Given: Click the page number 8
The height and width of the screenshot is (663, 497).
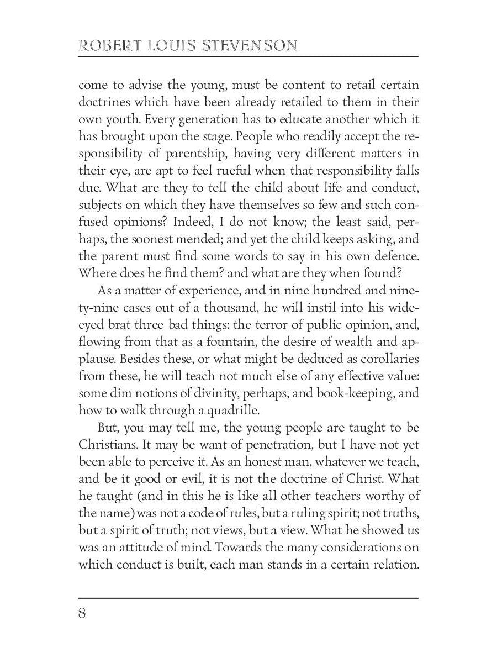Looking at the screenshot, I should tap(83, 614).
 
